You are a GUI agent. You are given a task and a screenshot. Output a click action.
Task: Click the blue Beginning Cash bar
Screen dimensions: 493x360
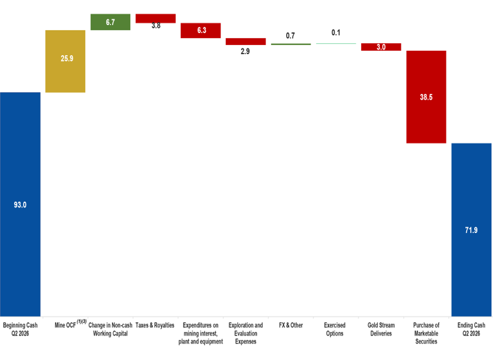(x=20, y=204)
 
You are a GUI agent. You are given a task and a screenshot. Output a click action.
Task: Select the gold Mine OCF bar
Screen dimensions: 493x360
(x=65, y=61)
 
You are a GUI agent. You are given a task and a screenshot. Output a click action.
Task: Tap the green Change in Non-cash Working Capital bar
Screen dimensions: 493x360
(x=110, y=22)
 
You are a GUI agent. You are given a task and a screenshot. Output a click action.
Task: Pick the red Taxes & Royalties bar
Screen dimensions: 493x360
(x=156, y=18)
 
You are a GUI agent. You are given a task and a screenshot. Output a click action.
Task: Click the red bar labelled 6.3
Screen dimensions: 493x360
(x=201, y=31)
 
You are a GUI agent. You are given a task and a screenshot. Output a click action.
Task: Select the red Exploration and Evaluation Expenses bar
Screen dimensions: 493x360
(x=246, y=41)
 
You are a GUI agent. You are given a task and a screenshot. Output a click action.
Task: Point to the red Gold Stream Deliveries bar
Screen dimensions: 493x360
(x=381, y=47)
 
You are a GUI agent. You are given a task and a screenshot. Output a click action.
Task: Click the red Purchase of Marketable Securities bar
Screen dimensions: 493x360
(x=426, y=97)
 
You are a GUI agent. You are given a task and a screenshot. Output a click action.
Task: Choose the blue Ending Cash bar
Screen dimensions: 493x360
(x=471, y=230)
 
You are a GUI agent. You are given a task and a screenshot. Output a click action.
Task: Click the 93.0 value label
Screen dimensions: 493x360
(x=20, y=205)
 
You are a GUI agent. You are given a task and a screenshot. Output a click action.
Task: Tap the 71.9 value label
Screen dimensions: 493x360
(x=471, y=230)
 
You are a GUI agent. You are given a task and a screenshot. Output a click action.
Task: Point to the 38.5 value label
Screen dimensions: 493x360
(x=426, y=97)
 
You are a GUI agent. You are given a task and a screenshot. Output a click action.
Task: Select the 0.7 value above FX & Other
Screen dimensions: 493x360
(x=290, y=36)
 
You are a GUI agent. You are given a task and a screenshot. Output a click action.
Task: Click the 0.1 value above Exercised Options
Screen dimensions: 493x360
(x=336, y=32)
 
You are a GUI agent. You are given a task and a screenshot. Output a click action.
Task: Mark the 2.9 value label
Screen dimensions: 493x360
(x=245, y=51)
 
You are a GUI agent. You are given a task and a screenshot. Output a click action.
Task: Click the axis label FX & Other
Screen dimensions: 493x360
(x=291, y=325)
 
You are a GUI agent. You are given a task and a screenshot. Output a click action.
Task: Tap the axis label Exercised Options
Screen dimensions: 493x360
(x=334, y=329)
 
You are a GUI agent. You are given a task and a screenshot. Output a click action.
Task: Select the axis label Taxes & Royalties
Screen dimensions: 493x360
(x=155, y=325)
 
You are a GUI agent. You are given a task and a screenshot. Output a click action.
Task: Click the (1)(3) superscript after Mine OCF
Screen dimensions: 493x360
(x=82, y=322)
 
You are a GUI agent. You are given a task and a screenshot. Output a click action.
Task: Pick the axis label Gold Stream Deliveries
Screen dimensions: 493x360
(x=381, y=329)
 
